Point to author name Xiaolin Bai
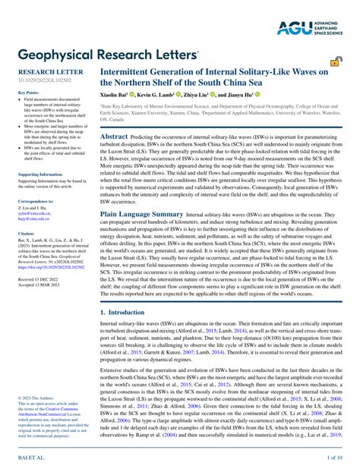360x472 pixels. [118, 96]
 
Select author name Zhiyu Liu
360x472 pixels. [212, 96]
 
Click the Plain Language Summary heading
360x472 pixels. [142, 215]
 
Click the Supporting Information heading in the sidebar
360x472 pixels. [39, 174]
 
